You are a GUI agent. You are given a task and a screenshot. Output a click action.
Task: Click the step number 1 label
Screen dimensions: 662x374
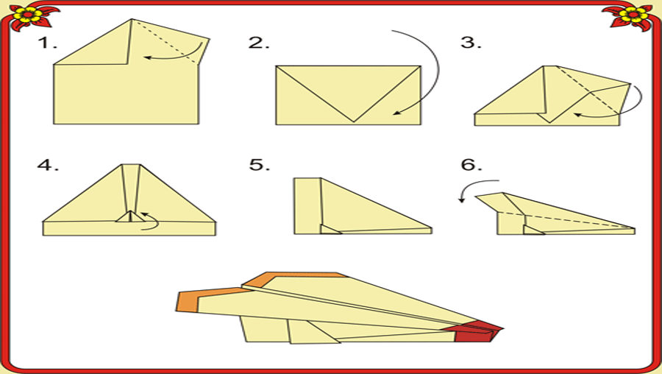coord(47,43)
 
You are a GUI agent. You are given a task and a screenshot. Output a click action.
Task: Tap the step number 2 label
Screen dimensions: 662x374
coord(259,43)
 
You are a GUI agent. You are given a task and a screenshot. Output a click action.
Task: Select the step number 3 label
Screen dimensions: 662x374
coord(471,43)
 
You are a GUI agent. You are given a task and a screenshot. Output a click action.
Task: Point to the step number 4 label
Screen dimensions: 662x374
coord(48,164)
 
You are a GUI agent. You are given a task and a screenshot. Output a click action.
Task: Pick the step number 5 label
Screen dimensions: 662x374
coord(259,164)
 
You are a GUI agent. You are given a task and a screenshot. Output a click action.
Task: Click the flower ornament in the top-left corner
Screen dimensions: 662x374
coord(30,17)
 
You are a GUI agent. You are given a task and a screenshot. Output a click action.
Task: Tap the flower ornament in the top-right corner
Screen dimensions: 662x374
coord(631,17)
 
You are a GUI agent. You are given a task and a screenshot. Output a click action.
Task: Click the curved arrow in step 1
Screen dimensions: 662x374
coord(181,56)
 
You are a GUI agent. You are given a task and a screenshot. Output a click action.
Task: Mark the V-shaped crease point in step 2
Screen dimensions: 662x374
coord(354,121)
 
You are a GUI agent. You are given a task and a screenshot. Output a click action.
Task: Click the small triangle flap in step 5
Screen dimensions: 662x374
coord(329,230)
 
